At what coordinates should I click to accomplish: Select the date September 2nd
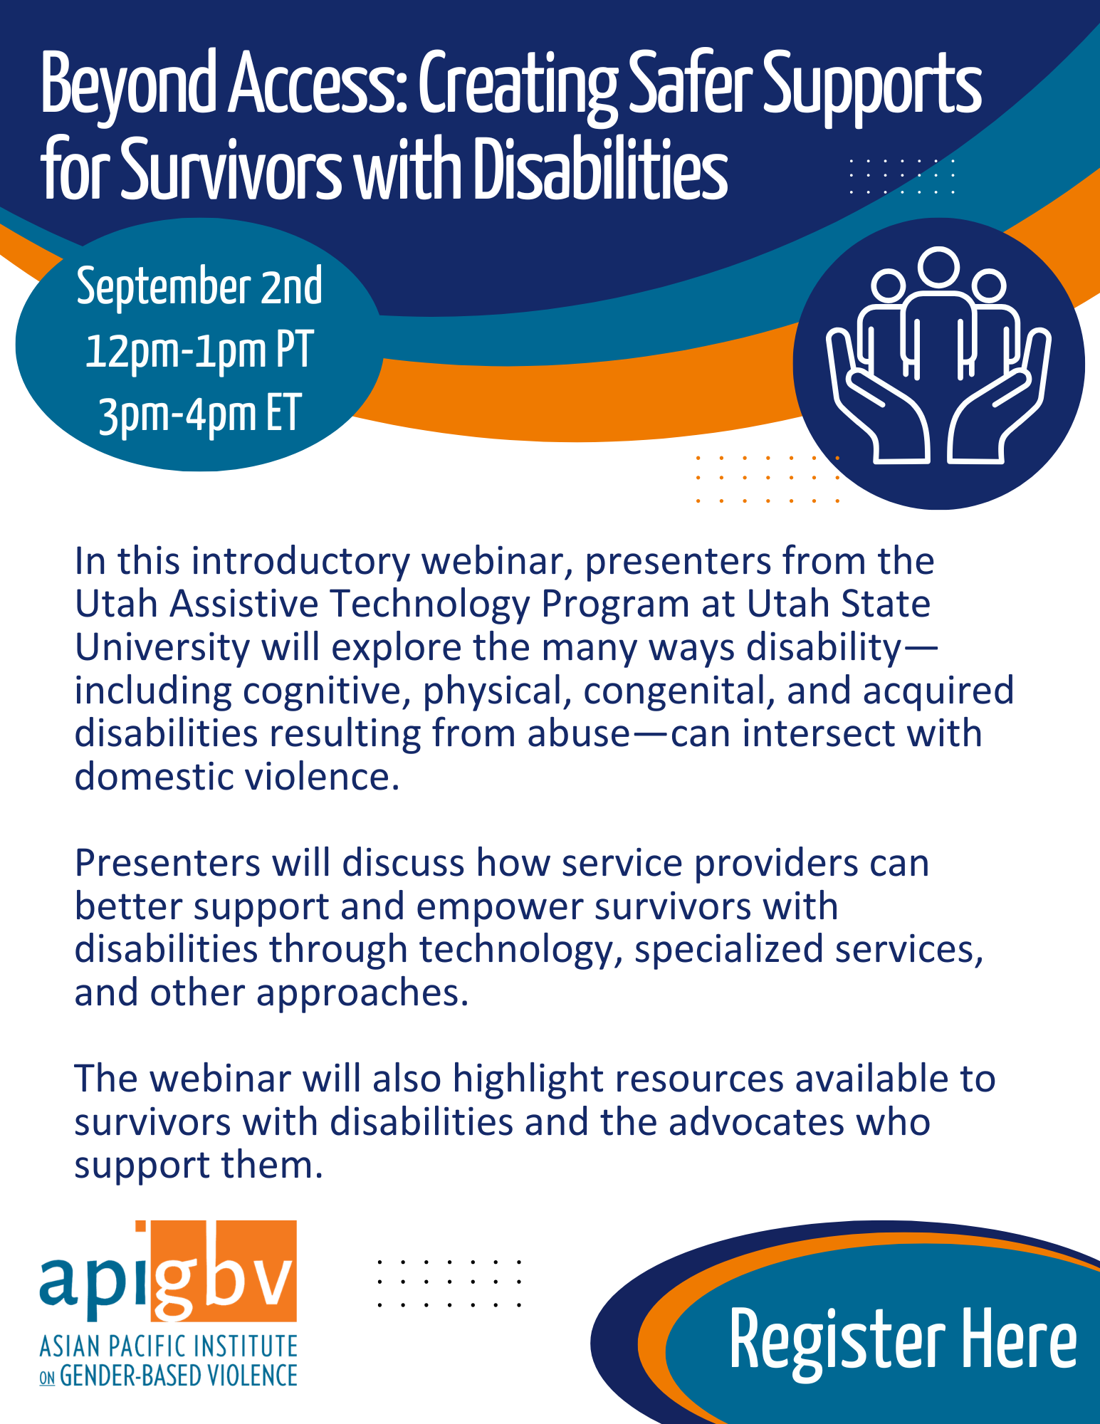tap(199, 286)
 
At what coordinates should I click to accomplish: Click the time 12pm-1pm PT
tap(199, 350)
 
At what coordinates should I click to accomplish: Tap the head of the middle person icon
tap(938, 268)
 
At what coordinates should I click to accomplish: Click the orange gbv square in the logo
tap(224, 1270)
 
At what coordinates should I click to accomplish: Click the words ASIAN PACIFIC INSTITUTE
tap(169, 1346)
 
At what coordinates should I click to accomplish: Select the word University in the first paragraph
tap(162, 649)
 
